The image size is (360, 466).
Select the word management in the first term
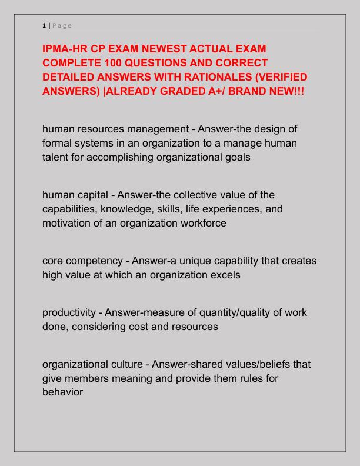point(152,129)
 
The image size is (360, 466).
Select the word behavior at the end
point(63,392)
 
